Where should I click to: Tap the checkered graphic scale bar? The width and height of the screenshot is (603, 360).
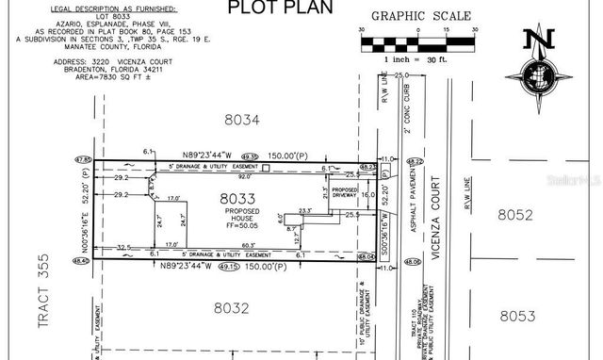pos(409,42)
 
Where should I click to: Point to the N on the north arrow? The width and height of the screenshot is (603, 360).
pos(540,40)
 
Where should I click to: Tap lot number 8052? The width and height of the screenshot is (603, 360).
pos(516,216)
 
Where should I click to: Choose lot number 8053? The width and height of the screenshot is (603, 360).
pos(518,316)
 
